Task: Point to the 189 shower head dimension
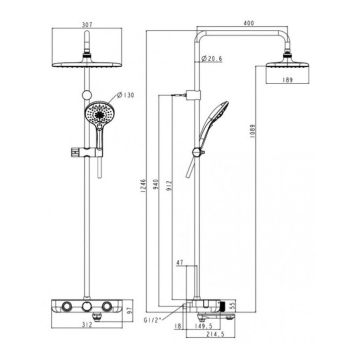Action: tap(287, 80)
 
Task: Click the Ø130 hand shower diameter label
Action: tap(126, 95)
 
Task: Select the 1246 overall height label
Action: tap(143, 186)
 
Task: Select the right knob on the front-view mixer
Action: tap(106, 306)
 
